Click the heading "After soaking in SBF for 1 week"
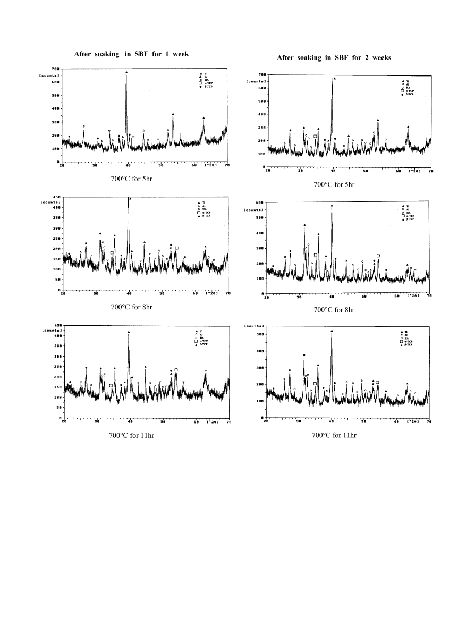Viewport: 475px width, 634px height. [131, 55]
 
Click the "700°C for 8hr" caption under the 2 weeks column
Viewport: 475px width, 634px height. [334, 310]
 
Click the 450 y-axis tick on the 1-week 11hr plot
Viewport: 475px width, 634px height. [56, 325]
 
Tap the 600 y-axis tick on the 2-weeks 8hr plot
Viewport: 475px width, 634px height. [260, 202]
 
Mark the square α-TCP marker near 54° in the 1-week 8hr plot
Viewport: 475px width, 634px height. [177, 248]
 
